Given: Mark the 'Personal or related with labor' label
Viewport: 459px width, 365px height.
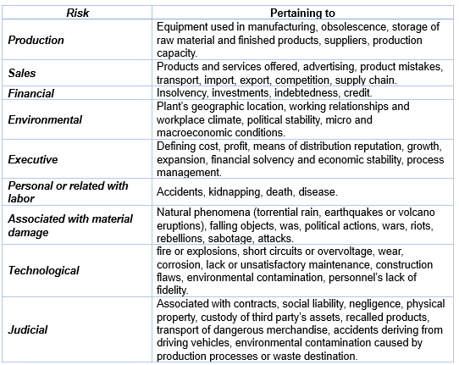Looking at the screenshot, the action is click(x=68, y=191).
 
